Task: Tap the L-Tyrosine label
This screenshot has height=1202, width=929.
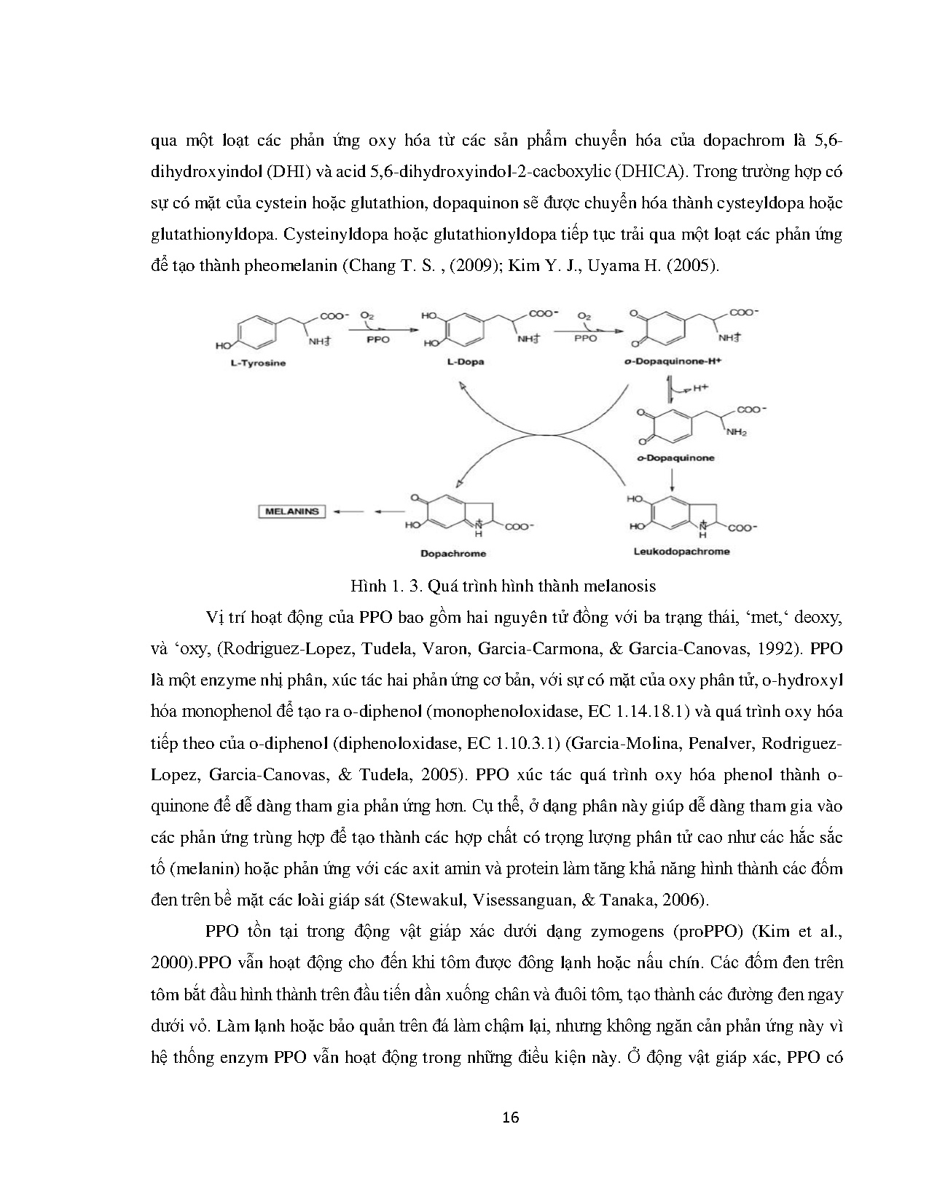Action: coord(254,363)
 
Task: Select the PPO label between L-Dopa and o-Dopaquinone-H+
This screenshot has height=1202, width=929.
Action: coord(585,339)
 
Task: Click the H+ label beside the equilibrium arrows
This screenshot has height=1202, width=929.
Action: coord(701,388)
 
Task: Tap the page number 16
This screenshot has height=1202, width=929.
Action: coord(511,1117)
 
